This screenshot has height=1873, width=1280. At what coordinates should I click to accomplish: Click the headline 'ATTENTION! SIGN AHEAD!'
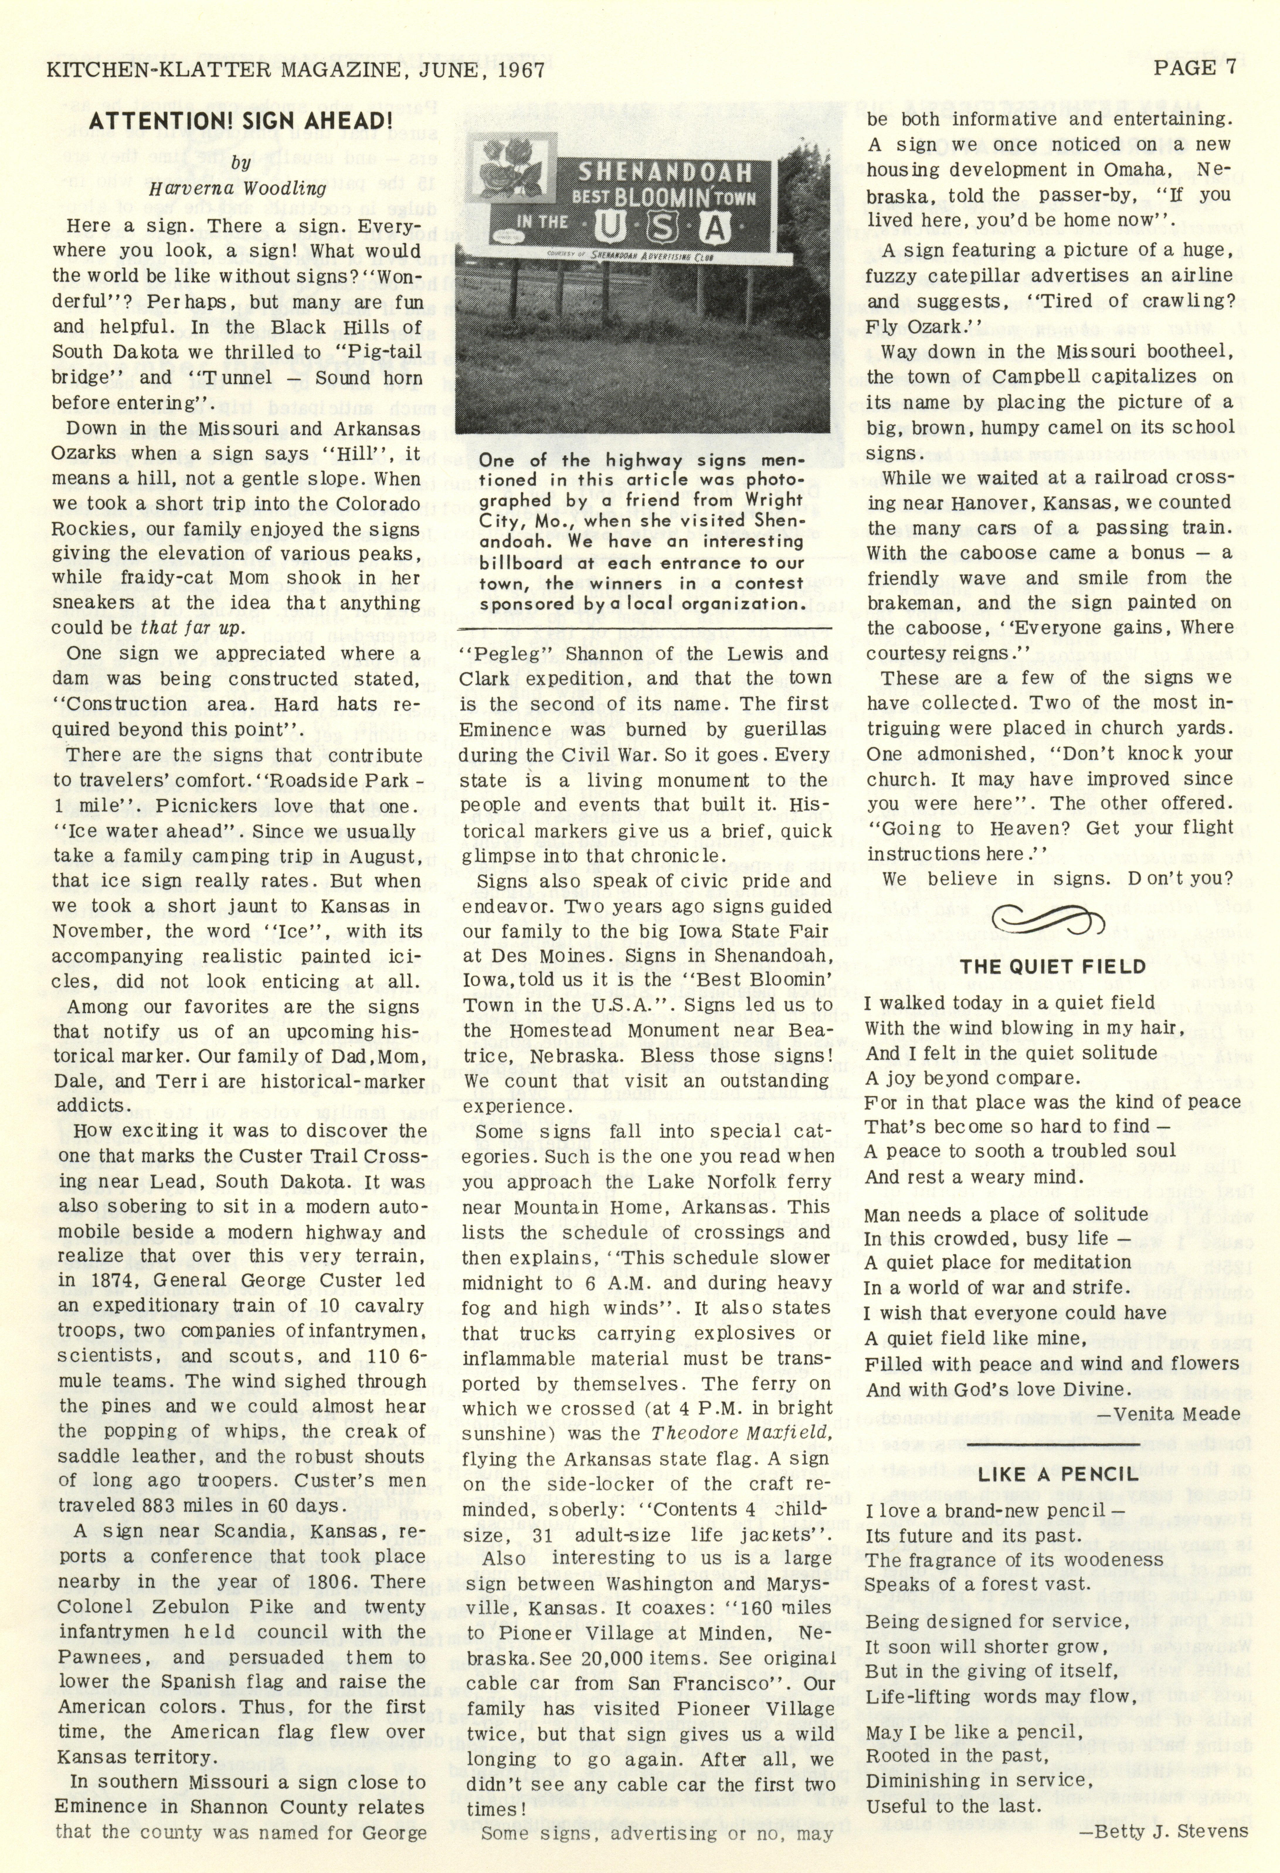[x=240, y=121]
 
